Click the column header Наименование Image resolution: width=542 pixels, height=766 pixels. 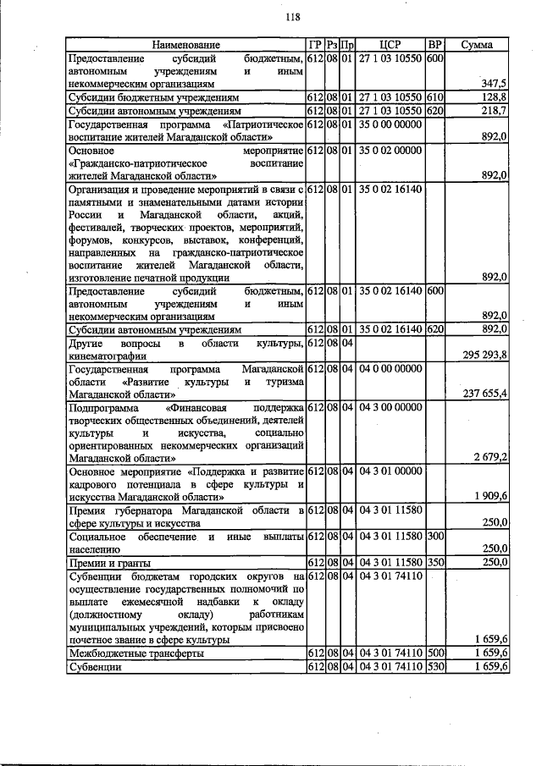point(185,44)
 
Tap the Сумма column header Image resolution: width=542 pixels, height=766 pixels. point(478,44)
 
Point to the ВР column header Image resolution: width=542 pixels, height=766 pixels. point(434,44)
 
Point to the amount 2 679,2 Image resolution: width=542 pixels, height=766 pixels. point(489,457)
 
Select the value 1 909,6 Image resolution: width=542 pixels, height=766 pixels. point(489,495)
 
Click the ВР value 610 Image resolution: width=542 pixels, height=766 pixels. point(435,97)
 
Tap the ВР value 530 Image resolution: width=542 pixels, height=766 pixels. point(435,667)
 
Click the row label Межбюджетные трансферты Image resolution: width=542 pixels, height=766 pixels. point(124,654)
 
